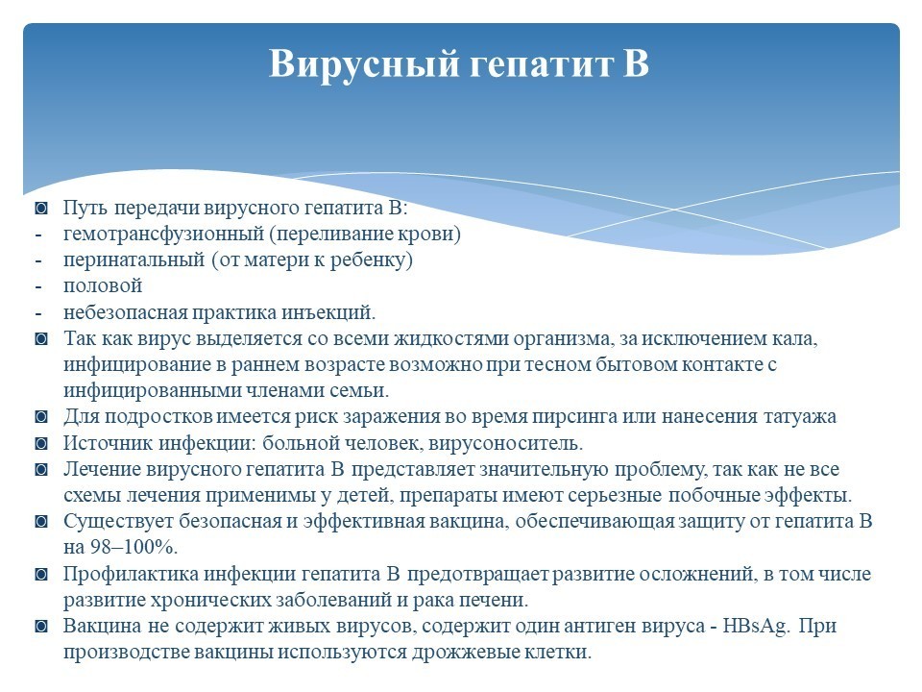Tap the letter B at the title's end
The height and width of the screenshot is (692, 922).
coord(635,62)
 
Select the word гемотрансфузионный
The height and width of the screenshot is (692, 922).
coord(163,235)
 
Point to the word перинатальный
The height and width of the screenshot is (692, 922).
coord(133,260)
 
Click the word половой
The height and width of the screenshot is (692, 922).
coord(103,286)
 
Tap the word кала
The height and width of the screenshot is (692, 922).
coord(795,339)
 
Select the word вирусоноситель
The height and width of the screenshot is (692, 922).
coord(506,443)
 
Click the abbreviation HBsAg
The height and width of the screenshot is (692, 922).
coord(756,626)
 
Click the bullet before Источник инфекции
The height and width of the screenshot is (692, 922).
coord(41,443)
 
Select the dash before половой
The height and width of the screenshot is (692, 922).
coord(38,287)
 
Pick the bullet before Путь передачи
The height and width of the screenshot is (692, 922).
coord(41,208)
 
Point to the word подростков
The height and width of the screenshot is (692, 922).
coord(158,417)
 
